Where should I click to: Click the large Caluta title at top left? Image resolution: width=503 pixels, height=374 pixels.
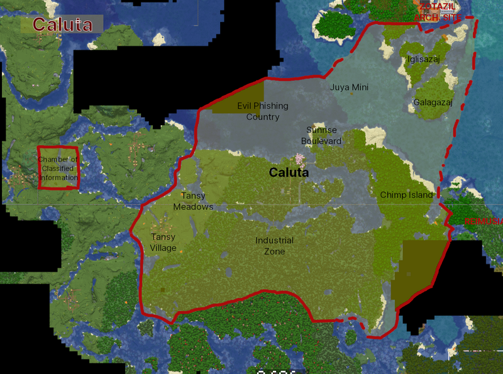point(62,25)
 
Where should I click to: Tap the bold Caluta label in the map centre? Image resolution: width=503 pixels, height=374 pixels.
point(289,172)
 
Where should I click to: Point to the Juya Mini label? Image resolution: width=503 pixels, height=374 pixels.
point(349,87)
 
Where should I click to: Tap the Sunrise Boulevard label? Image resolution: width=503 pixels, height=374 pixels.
point(321,135)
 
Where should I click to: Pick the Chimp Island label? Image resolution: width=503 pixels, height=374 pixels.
point(406,195)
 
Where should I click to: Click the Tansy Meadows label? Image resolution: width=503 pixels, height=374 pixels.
point(193,201)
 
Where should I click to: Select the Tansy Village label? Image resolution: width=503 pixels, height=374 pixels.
point(163,242)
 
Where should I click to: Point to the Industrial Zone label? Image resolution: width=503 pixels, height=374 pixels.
point(274,246)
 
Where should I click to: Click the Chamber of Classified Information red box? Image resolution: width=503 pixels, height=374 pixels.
point(58,168)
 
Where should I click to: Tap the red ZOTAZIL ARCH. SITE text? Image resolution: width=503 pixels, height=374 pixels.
point(438,12)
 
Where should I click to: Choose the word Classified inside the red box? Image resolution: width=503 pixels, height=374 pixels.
point(57,169)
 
